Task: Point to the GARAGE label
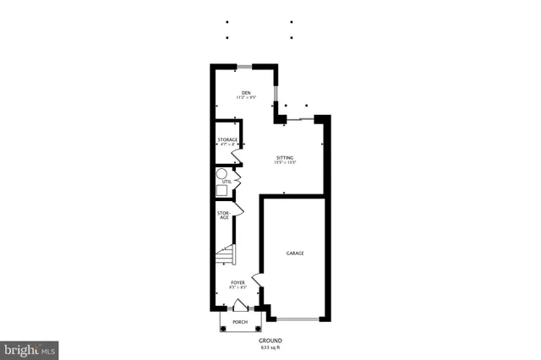coord(295,254)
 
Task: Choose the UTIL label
coord(226,182)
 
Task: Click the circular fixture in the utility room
coord(221,173)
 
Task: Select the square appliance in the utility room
coord(221,189)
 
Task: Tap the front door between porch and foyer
coord(240,307)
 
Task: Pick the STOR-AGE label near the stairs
coord(224,215)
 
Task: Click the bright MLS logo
coord(30,348)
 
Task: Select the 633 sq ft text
coord(270,347)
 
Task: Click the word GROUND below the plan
coord(270,341)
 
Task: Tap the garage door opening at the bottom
coord(298,319)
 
